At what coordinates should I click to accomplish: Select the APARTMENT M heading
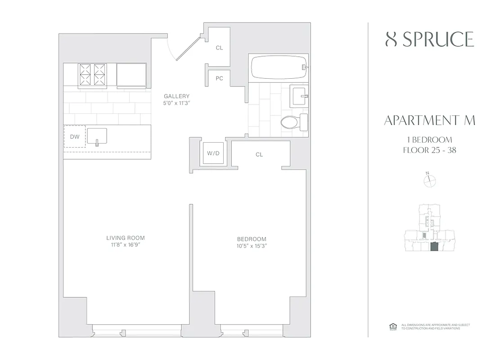click(x=430, y=120)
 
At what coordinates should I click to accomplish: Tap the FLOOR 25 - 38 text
click(x=430, y=150)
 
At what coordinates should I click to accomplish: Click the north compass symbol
click(x=430, y=180)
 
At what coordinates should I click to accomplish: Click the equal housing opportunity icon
click(x=391, y=326)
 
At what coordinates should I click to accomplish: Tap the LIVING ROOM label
click(x=126, y=238)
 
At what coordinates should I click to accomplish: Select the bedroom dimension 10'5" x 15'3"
click(x=252, y=246)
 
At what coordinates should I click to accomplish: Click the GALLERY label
click(x=176, y=96)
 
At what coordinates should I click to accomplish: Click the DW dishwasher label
click(x=74, y=136)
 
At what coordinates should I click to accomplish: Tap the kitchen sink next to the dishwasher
click(x=97, y=136)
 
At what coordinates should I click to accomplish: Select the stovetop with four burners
click(x=92, y=74)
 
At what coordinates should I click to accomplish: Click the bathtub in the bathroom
click(x=278, y=67)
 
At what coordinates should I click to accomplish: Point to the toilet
click(x=292, y=121)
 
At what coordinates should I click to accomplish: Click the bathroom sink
click(x=299, y=95)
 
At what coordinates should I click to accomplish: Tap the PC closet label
click(x=219, y=78)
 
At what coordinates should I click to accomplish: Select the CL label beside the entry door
click(x=219, y=48)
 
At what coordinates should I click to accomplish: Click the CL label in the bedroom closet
click(x=259, y=154)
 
